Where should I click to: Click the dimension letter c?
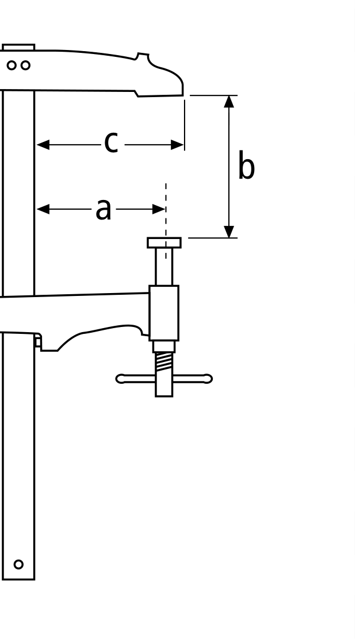tap(112, 143)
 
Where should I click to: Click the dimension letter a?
tap(104, 209)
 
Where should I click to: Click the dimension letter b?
tap(246, 165)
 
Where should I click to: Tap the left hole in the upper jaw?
tap(12, 65)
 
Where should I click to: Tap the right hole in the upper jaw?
tap(26, 65)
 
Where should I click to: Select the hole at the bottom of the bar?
tap(18, 564)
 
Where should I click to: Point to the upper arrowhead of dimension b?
tap(229, 102)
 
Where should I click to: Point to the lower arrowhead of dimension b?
tap(229, 232)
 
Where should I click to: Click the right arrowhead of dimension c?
tap(177, 145)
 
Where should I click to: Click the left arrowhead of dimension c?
tap(43, 145)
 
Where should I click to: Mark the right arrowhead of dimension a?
tap(159, 209)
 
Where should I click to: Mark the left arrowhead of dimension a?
tap(43, 209)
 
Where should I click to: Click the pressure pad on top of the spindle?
tap(164, 243)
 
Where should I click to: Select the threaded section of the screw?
tap(164, 362)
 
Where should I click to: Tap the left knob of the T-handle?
tap(120, 379)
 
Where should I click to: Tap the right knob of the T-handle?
tap(208, 379)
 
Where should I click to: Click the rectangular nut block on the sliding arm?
tap(164, 313)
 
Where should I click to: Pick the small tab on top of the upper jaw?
tap(18, 47)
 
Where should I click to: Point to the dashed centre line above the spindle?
tap(166, 221)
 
